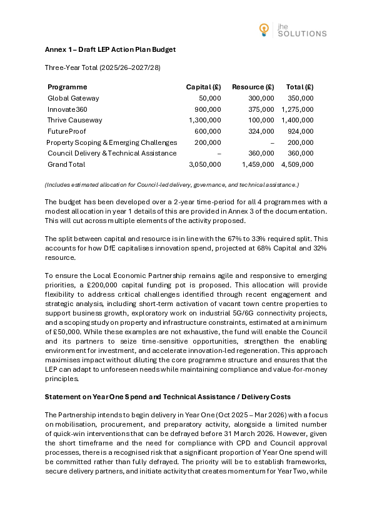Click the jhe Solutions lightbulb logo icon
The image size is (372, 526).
click(265, 28)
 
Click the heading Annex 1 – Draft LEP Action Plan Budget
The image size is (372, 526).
click(110, 49)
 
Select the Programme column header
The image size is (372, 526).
click(68, 87)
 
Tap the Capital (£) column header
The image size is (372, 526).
click(203, 87)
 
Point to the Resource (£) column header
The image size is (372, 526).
click(253, 87)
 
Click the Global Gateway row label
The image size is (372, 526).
click(73, 99)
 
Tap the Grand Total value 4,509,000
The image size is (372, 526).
click(297, 165)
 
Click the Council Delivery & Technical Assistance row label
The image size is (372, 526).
click(112, 154)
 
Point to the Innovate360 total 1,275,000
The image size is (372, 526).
click(297, 109)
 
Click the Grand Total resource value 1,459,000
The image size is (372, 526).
click(258, 165)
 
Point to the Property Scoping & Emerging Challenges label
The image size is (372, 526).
click(112, 143)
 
